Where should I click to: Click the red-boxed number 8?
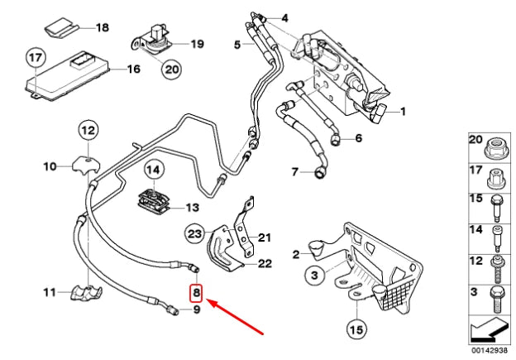tap(197, 292)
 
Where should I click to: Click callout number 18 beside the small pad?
tap(102, 27)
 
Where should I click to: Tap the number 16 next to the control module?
tap(132, 70)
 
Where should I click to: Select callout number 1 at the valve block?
tap(404, 111)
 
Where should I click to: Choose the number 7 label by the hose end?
tap(294, 171)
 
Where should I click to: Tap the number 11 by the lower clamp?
tap(49, 291)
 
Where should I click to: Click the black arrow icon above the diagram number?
tap(488, 330)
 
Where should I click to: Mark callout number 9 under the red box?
tap(197, 310)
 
